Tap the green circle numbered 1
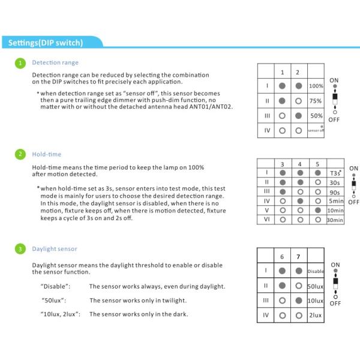point(19,62)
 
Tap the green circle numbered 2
point(19,154)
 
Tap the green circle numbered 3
point(19,248)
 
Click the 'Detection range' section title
point(55,62)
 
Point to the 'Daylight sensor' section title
point(55,248)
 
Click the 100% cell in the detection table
point(316,86)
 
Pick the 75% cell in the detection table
point(316,101)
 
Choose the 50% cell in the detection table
point(316,115)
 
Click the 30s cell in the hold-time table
point(335,181)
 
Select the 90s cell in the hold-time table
point(335,191)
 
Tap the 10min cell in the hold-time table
point(335,211)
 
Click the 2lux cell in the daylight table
point(316,315)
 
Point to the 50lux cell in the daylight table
point(316,285)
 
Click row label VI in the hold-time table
point(266,220)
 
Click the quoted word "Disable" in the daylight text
point(55,286)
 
